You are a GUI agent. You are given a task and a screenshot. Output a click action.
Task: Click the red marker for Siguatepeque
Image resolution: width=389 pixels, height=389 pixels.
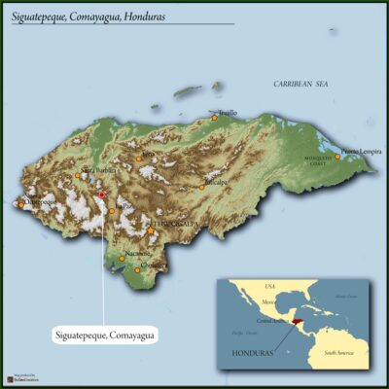(102, 194)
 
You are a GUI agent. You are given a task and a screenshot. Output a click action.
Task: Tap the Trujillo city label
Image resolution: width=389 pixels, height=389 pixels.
(228, 113)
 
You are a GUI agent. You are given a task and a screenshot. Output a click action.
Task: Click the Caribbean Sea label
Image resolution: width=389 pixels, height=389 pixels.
(301, 85)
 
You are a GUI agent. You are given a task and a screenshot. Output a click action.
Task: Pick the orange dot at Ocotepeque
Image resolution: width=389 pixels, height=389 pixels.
(21, 204)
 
